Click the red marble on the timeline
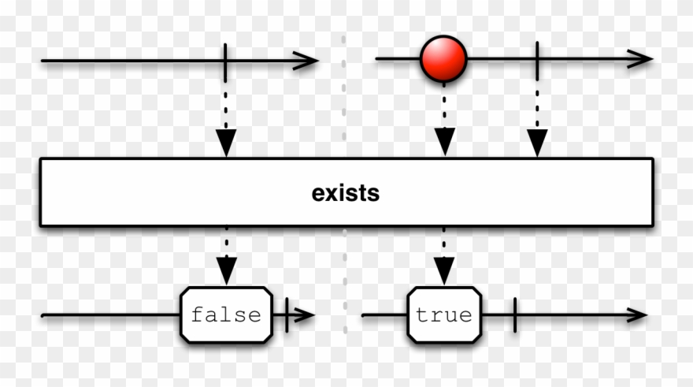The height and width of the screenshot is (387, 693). pos(443,59)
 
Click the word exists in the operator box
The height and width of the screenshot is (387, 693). pos(346,193)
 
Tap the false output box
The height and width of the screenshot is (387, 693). pos(226,315)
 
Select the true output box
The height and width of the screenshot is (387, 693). pos(444,315)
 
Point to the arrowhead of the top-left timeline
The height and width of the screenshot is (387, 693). pos(306,60)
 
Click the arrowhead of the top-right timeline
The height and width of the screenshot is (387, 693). pos(640,59)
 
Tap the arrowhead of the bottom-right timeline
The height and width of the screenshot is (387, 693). pos(636,315)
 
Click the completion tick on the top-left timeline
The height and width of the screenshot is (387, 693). pos(225,59)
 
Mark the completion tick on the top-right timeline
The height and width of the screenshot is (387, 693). pos(537,59)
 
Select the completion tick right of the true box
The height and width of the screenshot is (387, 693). pos(514,315)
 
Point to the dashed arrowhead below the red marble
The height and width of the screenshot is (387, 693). pos(445,142)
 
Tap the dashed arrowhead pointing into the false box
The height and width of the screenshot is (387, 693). pos(227,271)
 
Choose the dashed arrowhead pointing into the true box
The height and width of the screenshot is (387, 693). pos(444,271)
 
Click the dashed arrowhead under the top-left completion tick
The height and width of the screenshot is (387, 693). pos(226,142)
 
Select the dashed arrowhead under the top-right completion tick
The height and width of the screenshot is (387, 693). pos(537,142)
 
